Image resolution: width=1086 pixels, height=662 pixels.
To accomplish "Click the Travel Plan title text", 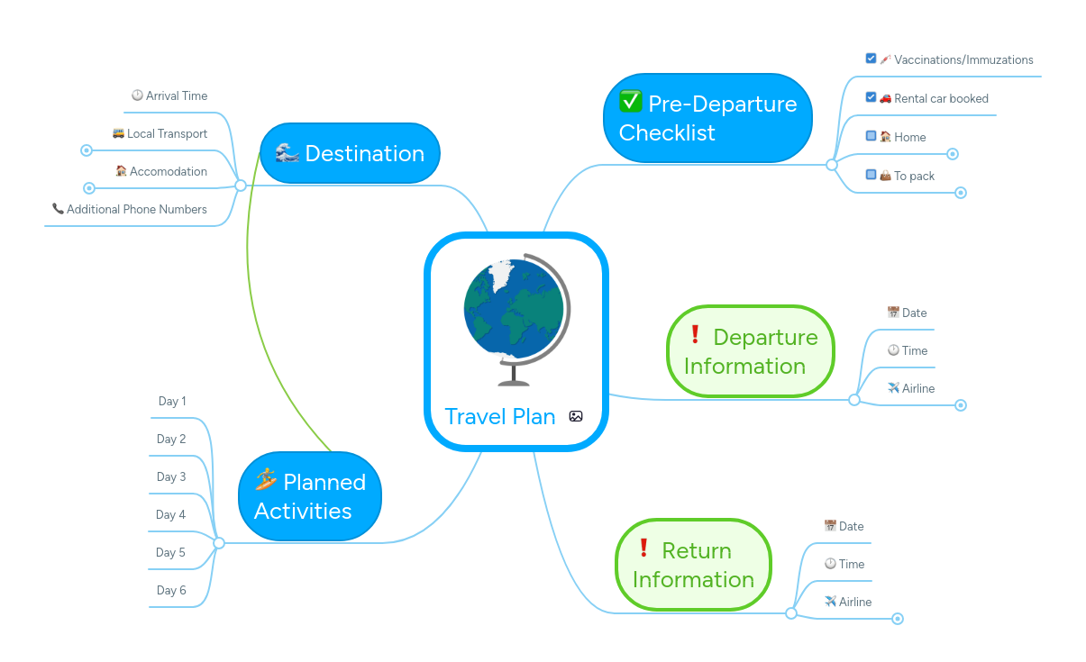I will pos(500,416).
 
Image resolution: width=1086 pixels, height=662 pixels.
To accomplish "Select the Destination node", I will pos(350,153).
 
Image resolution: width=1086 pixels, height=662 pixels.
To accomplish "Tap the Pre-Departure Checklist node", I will pos(707,118).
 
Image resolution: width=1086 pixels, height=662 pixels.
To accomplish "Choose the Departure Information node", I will pos(751,351).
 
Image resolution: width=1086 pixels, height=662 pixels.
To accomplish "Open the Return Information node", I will pos(693,565).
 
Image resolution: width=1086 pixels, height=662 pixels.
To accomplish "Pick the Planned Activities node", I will pos(310,496).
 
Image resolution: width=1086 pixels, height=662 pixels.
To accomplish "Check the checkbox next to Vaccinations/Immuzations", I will pos(871,59).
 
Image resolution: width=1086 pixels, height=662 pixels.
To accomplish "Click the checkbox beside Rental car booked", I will pos(871,97).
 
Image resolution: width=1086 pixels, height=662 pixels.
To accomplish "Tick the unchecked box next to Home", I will pos(871,136).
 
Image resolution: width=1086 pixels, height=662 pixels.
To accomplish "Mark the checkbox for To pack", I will pos(871,175).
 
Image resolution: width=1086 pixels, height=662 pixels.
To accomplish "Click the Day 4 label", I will pos(170,514).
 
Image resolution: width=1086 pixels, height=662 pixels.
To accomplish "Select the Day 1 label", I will pos(172,401).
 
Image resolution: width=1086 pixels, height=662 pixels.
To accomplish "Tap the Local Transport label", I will pos(167,133).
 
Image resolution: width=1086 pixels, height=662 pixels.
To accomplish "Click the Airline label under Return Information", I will pos(854,602).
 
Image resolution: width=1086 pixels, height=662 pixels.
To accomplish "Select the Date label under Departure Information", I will pos(914,313).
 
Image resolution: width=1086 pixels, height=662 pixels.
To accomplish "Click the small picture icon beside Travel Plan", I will pos(576,416).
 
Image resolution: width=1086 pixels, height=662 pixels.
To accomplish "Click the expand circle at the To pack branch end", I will pos(961,192).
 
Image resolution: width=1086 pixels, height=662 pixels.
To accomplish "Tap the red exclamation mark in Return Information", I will pos(643,548).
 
